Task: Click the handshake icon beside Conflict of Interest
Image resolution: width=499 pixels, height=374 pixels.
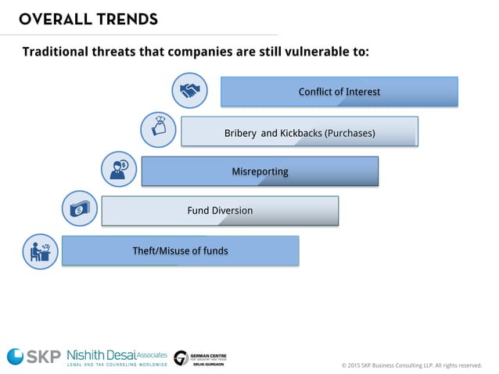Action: point(189,91)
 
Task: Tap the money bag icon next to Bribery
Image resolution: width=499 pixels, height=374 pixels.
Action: point(158,130)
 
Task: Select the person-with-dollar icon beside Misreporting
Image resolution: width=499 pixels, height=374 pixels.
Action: point(119,169)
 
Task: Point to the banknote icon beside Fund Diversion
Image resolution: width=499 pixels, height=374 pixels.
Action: point(79,209)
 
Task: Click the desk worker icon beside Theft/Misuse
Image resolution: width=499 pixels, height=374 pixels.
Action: point(39,251)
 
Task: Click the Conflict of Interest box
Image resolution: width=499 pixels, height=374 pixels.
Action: point(339,92)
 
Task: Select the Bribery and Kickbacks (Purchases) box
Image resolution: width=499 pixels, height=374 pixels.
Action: point(299,131)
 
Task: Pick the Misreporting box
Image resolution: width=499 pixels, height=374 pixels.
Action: point(260,171)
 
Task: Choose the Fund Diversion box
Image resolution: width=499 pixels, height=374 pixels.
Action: point(220,210)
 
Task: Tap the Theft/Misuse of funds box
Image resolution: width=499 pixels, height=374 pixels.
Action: point(180,250)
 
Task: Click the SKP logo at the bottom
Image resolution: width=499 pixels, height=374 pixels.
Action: point(33,356)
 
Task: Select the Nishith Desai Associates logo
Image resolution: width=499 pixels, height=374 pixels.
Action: point(117,357)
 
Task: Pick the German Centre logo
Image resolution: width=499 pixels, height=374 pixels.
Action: point(199,358)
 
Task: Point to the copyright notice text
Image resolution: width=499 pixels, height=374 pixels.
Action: point(411,365)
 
